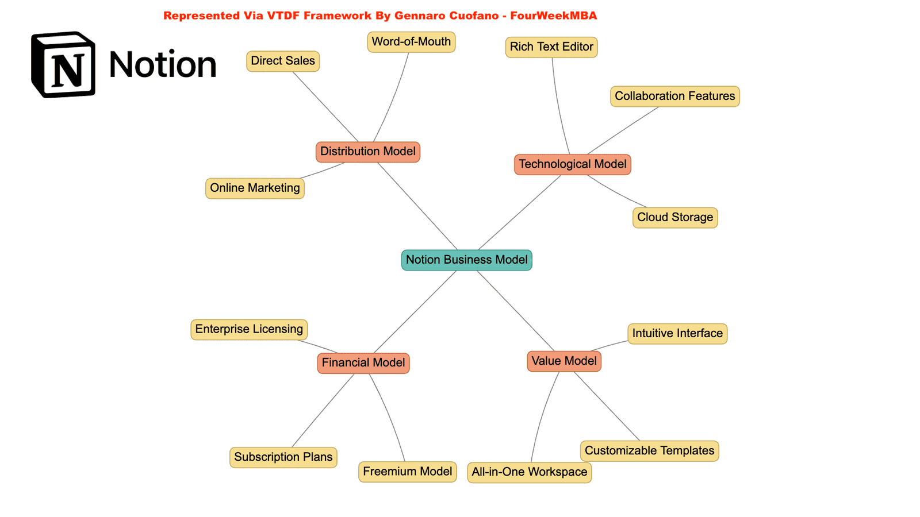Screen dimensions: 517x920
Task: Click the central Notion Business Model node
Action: point(466,260)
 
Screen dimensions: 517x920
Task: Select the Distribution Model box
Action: point(367,152)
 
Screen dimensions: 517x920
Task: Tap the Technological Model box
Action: point(572,164)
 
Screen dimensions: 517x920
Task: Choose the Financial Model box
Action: point(363,363)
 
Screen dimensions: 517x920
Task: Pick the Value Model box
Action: point(563,361)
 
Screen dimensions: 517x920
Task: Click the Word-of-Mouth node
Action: point(411,42)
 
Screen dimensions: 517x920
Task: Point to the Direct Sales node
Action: point(282,61)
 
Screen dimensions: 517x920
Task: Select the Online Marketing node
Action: point(255,188)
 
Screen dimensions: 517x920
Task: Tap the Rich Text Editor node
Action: point(551,47)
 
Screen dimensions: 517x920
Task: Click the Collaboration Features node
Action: point(674,96)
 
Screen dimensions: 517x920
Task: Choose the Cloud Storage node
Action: point(674,218)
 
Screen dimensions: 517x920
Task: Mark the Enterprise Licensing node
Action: point(249,329)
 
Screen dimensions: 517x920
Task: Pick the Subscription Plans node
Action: point(283,457)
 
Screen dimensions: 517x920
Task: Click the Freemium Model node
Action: point(407,472)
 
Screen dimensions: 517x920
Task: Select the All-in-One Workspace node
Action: point(529,472)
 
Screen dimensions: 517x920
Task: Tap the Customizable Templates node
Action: point(649,451)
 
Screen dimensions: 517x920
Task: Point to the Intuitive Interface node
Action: point(677,334)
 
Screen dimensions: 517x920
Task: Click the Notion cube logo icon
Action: point(63,64)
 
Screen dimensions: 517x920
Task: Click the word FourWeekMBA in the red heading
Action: point(553,16)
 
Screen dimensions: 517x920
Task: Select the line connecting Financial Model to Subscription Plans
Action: point(323,410)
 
